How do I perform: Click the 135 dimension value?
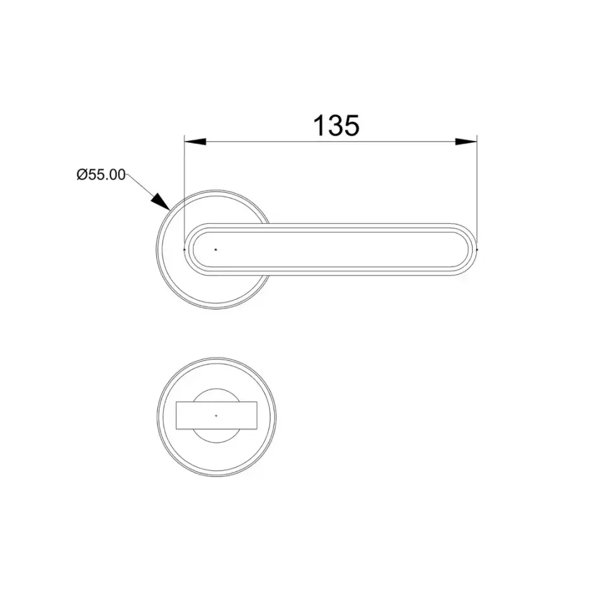[x=336, y=126]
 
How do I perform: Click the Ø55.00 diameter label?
[x=101, y=175]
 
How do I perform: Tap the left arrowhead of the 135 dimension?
[x=195, y=141]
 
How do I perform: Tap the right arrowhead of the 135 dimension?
[x=466, y=141]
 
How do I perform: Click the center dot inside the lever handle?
[x=216, y=250]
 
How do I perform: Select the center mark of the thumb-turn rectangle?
[x=216, y=416]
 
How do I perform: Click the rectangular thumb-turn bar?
[x=216, y=416]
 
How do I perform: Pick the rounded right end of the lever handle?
[x=468, y=250]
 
